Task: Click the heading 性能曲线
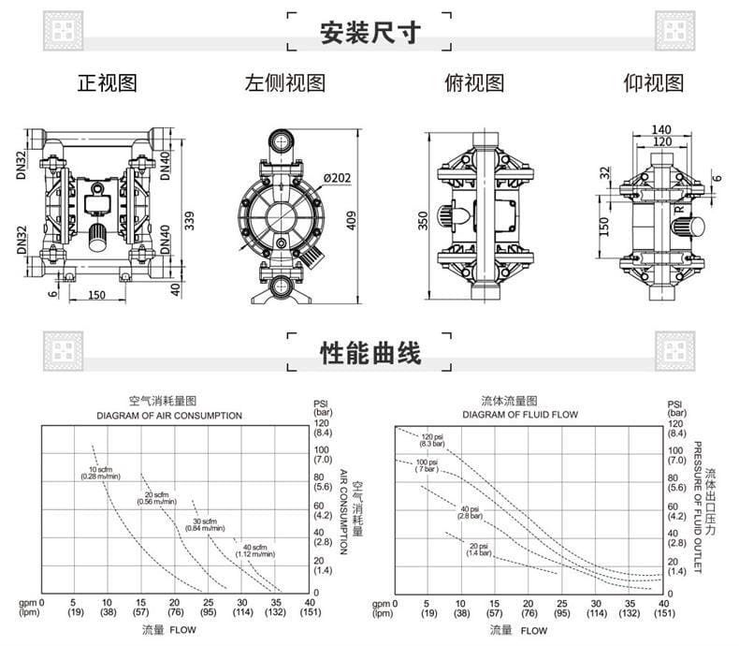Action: [x=369, y=352]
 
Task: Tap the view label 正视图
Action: [x=107, y=83]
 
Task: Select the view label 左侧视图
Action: [x=285, y=83]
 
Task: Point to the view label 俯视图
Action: [x=473, y=83]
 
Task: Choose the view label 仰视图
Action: [x=653, y=83]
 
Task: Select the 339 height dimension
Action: [x=190, y=221]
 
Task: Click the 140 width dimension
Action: [x=661, y=129]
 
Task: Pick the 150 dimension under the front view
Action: [x=96, y=295]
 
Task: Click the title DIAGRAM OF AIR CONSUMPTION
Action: [x=169, y=415]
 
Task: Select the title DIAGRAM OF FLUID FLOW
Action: [x=521, y=415]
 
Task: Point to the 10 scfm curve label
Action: [x=100, y=473]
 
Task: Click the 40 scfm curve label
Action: [x=254, y=551]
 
